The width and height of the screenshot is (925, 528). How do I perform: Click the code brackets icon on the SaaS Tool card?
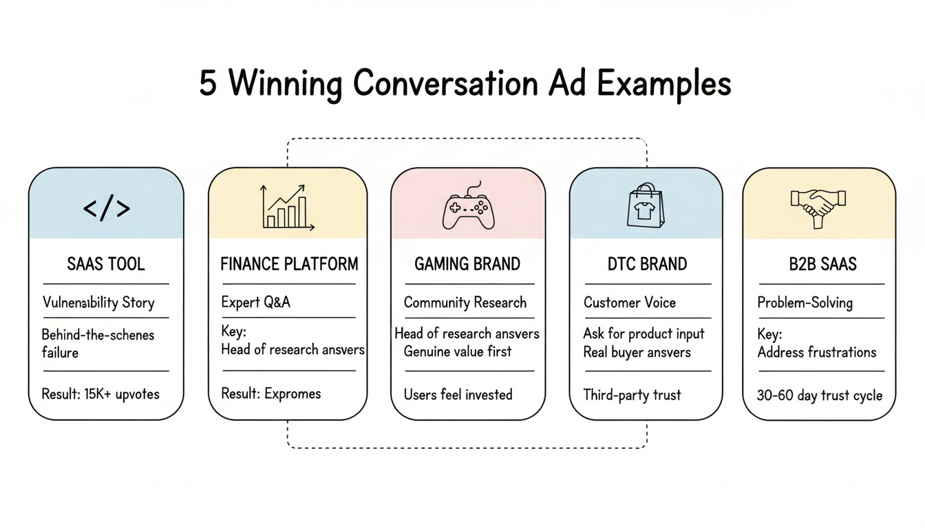pos(106,208)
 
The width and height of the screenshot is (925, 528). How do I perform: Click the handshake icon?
pos(818,206)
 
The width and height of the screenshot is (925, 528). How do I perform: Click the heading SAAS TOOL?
pos(106,265)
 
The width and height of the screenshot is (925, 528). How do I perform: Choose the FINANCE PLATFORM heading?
pos(289,265)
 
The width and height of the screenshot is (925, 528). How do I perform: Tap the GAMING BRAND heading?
pos(467,265)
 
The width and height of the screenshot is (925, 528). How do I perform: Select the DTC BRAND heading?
pos(647,265)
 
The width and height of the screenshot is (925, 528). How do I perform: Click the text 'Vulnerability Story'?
pos(98,302)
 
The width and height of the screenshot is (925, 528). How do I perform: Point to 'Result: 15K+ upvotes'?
pos(100,394)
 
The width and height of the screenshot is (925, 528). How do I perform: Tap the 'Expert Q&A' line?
pos(255,302)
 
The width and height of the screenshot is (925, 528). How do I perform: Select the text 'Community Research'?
pos(465,302)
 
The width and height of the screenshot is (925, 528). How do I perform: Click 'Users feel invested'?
pos(458,395)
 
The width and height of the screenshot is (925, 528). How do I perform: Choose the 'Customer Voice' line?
pos(630,302)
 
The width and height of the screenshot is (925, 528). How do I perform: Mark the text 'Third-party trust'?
pos(632,395)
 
